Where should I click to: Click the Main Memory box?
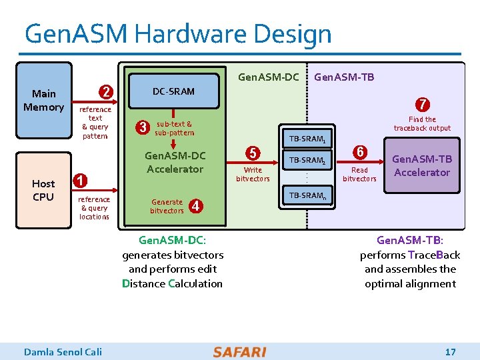44,100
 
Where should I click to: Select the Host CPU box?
43,189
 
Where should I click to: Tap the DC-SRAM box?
173,91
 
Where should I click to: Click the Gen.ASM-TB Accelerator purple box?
421,165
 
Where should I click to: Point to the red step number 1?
79,180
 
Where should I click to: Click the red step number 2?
105,91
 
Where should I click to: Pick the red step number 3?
142,127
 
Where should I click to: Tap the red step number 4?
196,205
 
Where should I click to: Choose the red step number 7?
422,105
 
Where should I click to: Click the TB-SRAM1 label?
307,139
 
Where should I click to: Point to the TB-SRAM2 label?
307,161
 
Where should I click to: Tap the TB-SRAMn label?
307,196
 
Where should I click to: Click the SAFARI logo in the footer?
239,351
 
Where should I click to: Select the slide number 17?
450,351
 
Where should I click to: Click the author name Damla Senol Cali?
63,351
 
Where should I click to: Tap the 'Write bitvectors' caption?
253,174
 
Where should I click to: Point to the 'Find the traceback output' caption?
422,124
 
